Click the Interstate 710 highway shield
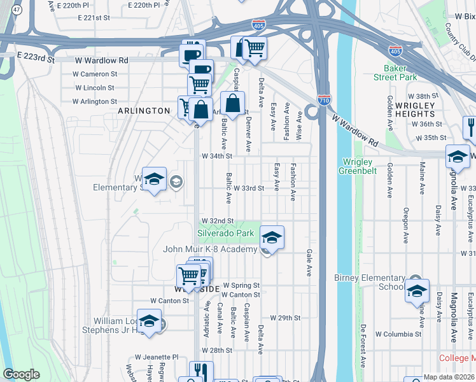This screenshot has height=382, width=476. (323, 100)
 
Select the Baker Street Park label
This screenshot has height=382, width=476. (400, 73)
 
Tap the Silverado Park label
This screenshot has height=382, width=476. (225, 234)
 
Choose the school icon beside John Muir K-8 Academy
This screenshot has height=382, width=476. (272, 238)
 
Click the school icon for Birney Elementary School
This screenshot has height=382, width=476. (417, 291)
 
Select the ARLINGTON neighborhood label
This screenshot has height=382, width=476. (144, 111)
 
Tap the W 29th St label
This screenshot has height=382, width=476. (284, 317)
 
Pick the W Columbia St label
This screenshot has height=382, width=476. (398, 334)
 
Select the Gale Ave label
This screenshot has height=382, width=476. (309, 262)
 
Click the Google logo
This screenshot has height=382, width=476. (21, 374)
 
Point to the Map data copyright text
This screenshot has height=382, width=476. (449, 377)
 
